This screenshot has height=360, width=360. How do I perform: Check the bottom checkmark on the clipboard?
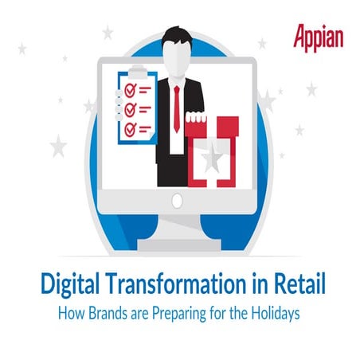(124, 127)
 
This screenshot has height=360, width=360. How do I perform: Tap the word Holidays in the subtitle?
(273, 314)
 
